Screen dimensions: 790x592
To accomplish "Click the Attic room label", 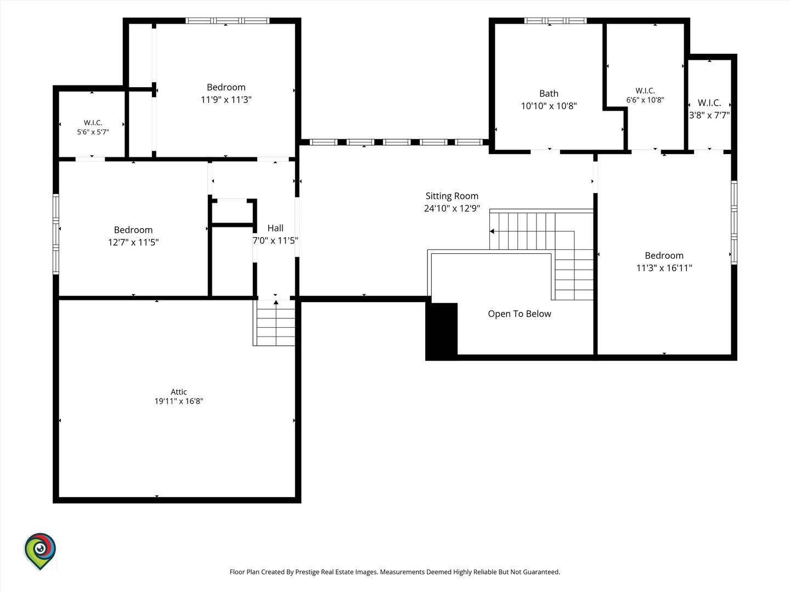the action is pyautogui.click(x=178, y=391).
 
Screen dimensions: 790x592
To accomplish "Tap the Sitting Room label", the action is pyautogui.click(x=452, y=196).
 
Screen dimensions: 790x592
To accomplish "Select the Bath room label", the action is pyautogui.click(x=549, y=93).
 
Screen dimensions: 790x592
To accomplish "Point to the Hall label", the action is pyautogui.click(x=275, y=228).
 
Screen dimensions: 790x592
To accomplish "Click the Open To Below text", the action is pyautogui.click(x=520, y=314).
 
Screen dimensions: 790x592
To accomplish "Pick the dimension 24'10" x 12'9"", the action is pyautogui.click(x=452, y=208).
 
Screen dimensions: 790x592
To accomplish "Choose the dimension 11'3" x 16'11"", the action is pyautogui.click(x=664, y=268).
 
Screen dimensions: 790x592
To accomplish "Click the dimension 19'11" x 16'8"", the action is pyautogui.click(x=178, y=401).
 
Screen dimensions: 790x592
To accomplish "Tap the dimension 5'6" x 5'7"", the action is pyautogui.click(x=93, y=132).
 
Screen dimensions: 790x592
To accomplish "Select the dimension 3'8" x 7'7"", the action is pyautogui.click(x=709, y=115).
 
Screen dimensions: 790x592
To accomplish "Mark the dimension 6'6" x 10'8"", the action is pyautogui.click(x=645, y=100).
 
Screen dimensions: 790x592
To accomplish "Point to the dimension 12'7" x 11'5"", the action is pyautogui.click(x=133, y=242).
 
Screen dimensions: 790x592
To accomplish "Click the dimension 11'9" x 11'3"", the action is pyautogui.click(x=226, y=100).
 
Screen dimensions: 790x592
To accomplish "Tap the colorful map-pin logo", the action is pyautogui.click(x=40, y=551).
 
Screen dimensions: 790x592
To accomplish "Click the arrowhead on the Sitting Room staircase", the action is pyautogui.click(x=492, y=231).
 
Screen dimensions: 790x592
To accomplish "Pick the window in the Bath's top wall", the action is pyautogui.click(x=555, y=21).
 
